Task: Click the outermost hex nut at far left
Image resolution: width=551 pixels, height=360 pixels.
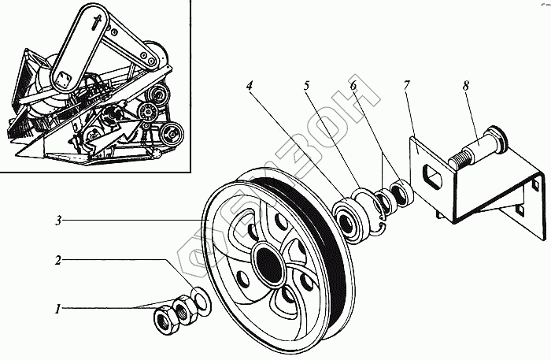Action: click(x=166, y=319)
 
